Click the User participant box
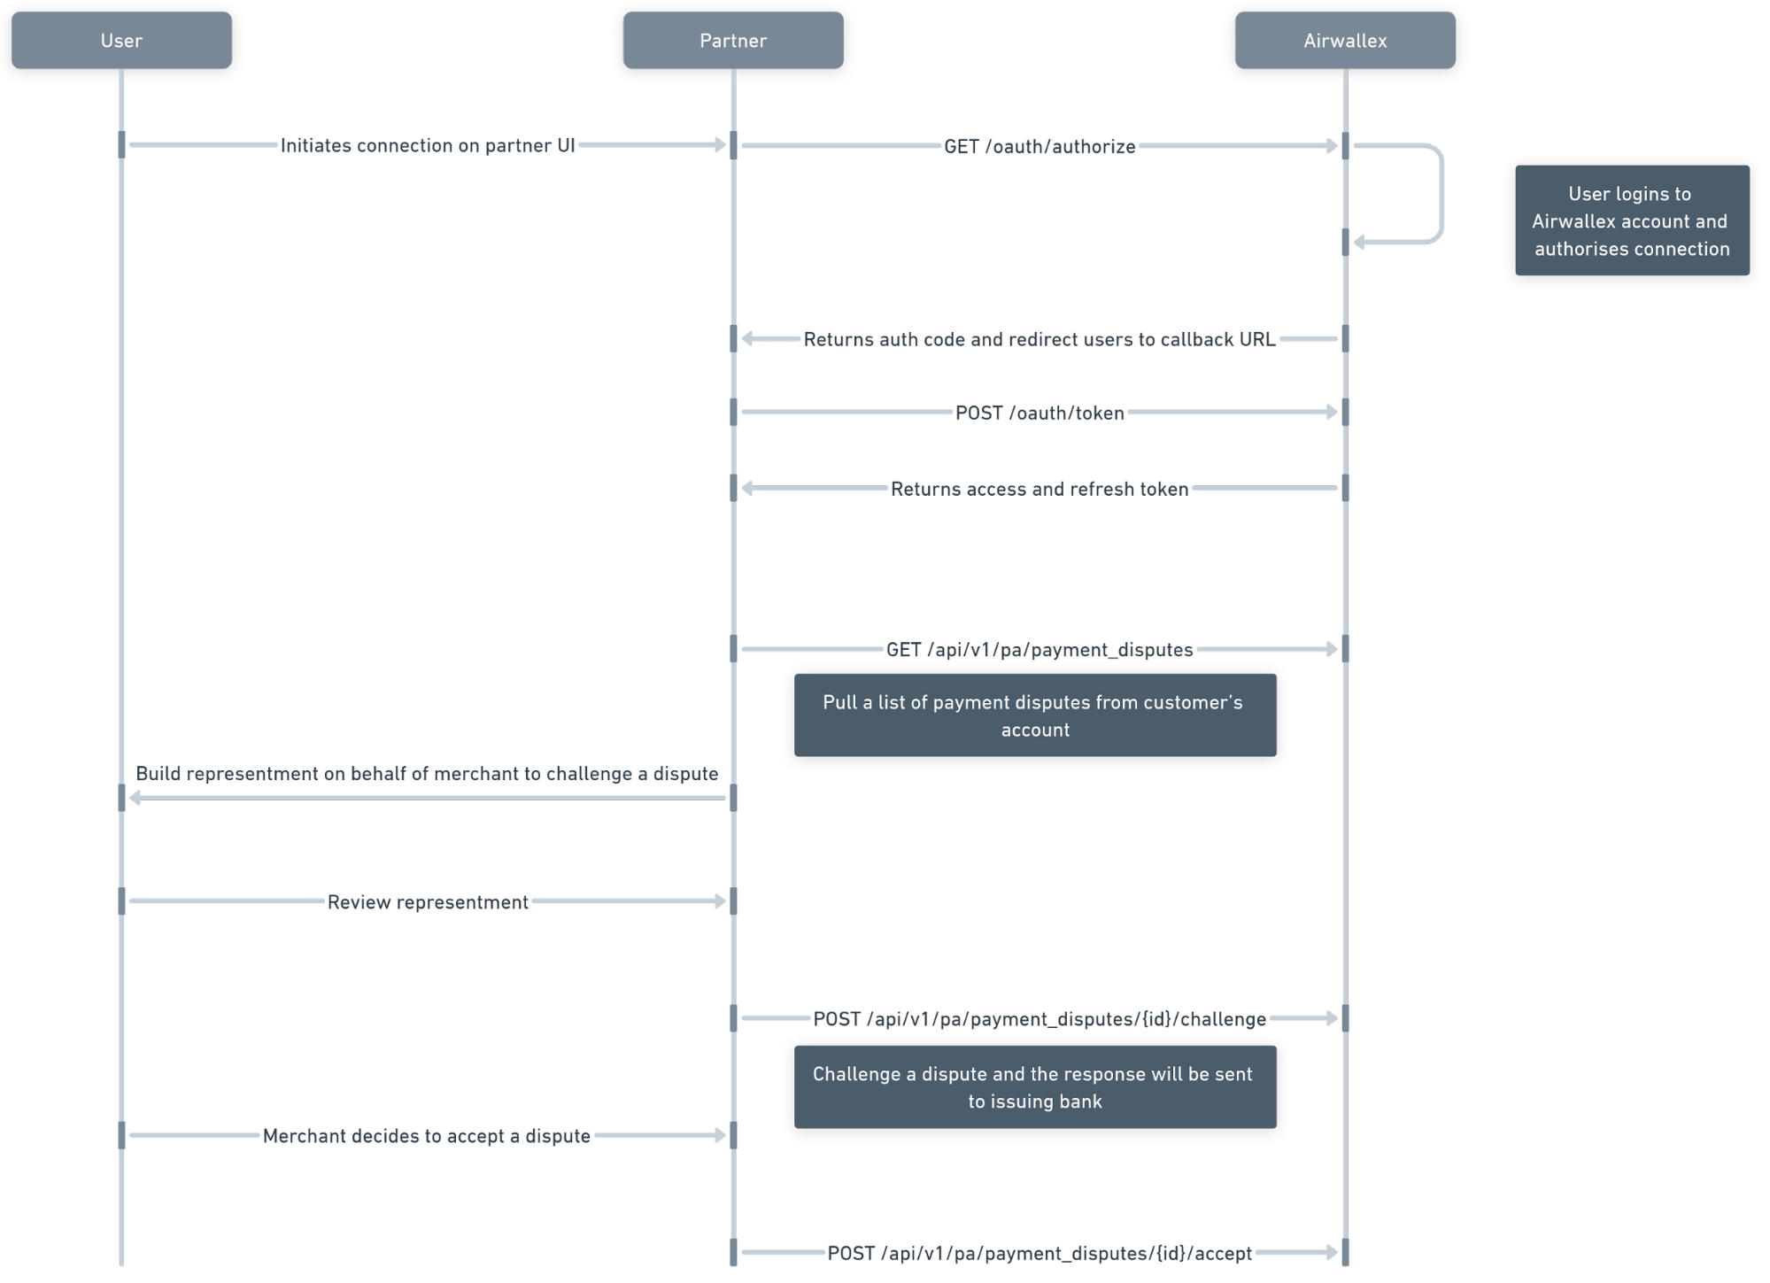point(121,40)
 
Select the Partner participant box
point(733,40)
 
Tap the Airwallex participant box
point(1345,40)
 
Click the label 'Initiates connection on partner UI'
point(428,145)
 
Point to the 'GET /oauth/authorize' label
point(1040,146)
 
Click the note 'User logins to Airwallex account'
point(1632,220)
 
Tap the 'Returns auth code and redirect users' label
point(1040,339)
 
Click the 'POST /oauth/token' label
point(1040,413)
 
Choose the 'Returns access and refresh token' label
point(1040,489)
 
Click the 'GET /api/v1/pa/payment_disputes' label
point(1040,650)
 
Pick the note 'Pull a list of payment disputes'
point(1035,715)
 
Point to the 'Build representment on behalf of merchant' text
point(427,774)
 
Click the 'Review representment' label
point(428,902)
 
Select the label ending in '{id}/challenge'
point(1040,1019)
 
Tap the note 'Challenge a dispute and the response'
point(1035,1086)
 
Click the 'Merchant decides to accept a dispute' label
point(427,1136)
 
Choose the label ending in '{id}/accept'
point(1040,1253)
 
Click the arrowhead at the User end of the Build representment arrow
point(135,798)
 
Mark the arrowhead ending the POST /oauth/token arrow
point(1331,412)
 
